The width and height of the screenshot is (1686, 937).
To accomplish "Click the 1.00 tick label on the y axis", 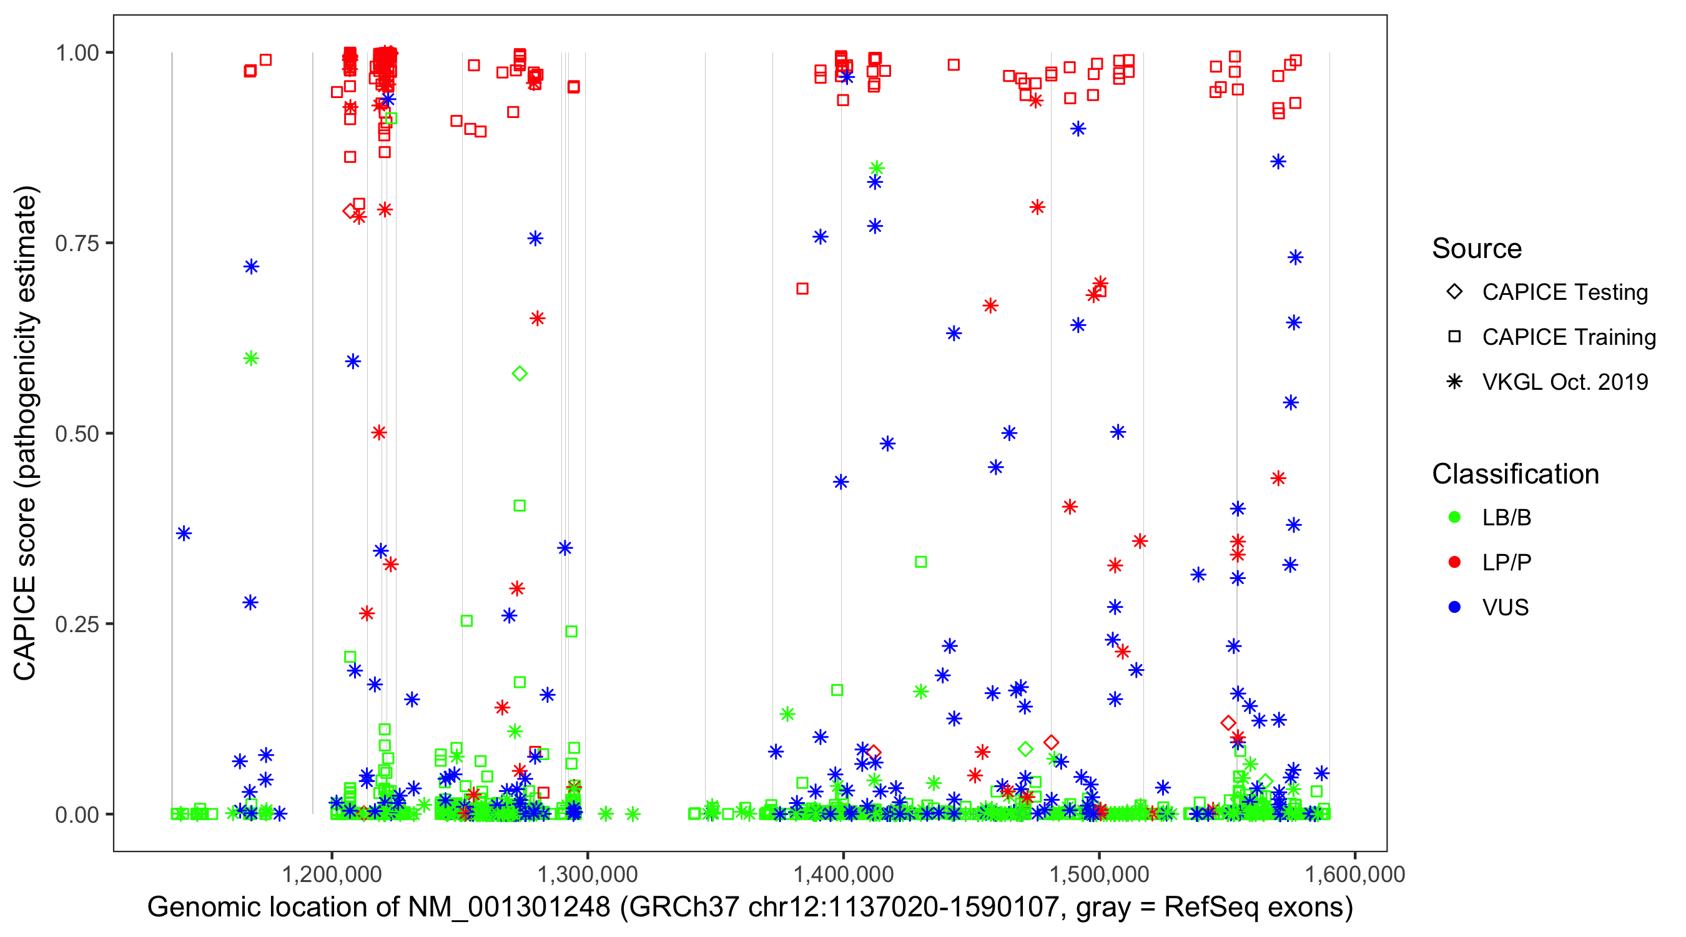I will (x=76, y=53).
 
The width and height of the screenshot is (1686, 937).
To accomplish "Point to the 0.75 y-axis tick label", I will (x=76, y=244).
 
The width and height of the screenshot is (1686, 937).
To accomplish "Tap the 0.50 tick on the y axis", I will (x=76, y=434).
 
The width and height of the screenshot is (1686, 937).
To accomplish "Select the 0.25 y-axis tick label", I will (x=76, y=624).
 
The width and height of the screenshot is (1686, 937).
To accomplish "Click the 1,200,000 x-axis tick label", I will (x=332, y=874).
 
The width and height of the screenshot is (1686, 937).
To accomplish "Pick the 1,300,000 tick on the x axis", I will (x=587, y=874).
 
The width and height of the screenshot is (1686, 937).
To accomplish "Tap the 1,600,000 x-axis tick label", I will (x=1354, y=874).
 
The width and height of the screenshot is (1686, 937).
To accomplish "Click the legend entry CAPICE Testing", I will (x=1564, y=292).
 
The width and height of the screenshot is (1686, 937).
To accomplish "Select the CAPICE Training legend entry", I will (x=1568, y=337).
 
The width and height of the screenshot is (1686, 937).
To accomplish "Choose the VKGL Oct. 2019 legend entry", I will (x=1564, y=382).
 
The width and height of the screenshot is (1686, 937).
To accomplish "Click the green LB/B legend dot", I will (x=1454, y=518).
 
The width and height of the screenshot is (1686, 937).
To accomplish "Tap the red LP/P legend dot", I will (x=1454, y=562).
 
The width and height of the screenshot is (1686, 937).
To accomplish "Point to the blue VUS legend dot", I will (x=1454, y=608).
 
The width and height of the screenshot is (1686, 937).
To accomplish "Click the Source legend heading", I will (x=1477, y=249).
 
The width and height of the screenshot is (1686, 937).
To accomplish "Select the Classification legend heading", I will (x=1515, y=474).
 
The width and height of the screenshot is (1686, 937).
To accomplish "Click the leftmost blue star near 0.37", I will (x=184, y=533).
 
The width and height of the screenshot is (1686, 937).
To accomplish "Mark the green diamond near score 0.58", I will (x=520, y=374).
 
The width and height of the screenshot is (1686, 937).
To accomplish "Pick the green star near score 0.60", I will (x=251, y=358).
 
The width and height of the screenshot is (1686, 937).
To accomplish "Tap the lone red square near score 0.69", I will (x=802, y=289).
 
